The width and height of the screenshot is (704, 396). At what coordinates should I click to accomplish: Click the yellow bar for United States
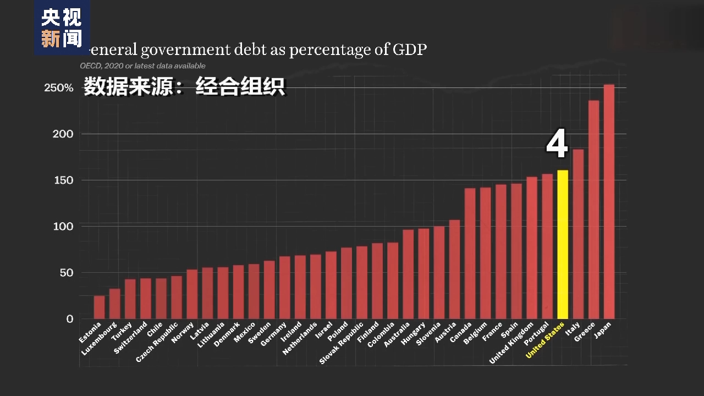563,244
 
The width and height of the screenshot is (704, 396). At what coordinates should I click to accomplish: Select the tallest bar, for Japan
609,201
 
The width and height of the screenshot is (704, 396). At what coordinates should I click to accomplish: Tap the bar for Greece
593,210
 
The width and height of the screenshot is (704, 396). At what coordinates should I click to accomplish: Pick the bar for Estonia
99,307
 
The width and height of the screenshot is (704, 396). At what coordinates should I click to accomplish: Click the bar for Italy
578,234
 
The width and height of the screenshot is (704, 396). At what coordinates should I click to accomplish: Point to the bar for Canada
470,254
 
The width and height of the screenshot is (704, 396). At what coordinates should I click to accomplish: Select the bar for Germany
284,287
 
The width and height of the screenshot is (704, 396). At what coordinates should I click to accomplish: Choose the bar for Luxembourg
114,304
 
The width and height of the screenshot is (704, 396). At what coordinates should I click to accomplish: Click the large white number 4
557,145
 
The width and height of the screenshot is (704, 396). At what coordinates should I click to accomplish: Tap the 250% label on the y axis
59,88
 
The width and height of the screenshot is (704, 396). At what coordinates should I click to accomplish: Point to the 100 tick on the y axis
62,227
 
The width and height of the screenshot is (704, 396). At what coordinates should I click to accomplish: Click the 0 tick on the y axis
69,319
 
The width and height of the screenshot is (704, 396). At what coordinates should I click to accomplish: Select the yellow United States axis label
546,340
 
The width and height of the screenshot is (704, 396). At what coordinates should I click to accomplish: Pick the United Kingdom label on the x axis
512,344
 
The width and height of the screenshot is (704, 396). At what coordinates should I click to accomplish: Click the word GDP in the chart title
409,50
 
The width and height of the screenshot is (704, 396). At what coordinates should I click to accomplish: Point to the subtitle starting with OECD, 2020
143,66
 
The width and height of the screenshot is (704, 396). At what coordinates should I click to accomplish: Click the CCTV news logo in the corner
62,28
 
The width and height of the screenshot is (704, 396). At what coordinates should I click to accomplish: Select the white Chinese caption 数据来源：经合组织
184,87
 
